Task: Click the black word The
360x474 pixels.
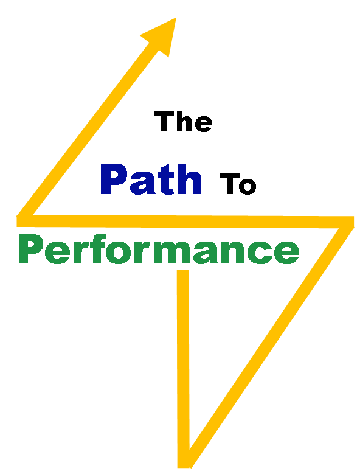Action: click(183, 121)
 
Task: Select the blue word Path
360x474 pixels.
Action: click(151, 179)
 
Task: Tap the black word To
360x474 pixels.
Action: click(238, 184)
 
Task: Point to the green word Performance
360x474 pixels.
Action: click(159, 249)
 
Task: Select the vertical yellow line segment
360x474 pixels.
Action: click(183, 369)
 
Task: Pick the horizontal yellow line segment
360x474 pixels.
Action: click(185, 221)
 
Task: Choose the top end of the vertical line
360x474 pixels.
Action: click(182, 271)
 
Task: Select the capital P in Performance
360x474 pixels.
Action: click(30, 249)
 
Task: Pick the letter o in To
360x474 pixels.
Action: click(247, 186)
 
